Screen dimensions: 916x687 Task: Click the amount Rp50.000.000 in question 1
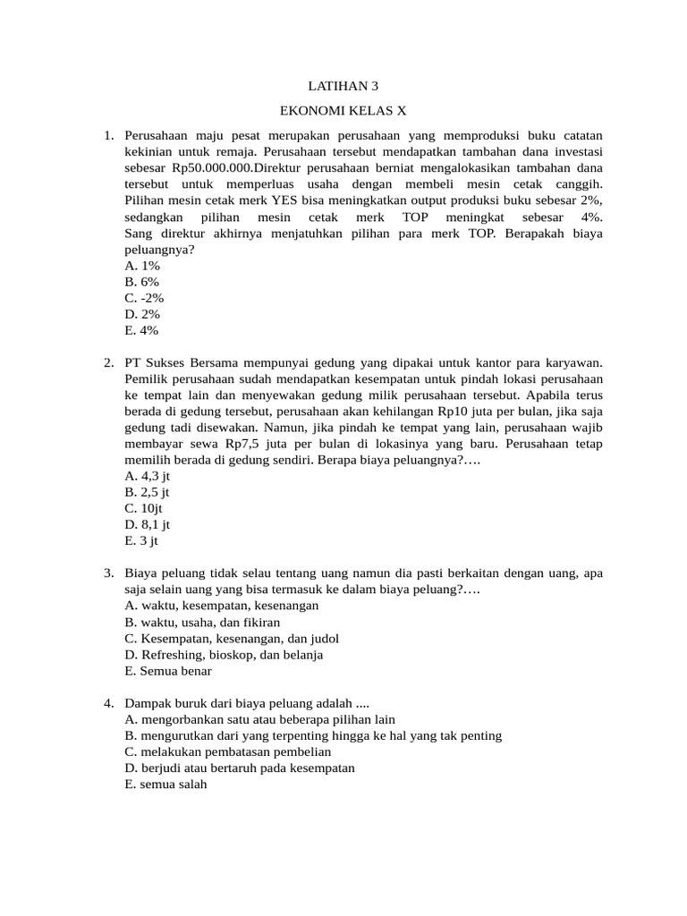click(x=213, y=168)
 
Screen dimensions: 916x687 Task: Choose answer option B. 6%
click(x=142, y=282)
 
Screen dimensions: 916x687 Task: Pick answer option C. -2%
click(x=145, y=298)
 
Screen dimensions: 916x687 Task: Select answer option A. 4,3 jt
click(x=148, y=476)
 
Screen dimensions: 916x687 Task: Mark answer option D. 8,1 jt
click(x=148, y=524)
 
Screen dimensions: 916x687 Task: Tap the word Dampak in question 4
click(x=148, y=703)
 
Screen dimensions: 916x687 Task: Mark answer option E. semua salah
click(x=166, y=784)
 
